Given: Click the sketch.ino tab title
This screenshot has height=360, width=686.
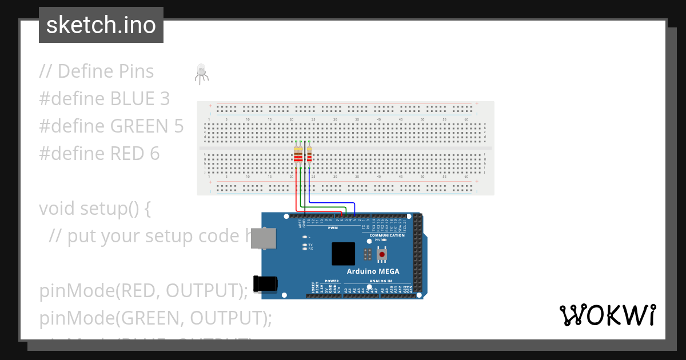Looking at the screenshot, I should click(101, 25).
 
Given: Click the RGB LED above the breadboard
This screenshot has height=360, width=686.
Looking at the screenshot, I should click(201, 72).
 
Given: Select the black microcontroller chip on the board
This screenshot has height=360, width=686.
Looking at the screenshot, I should click(343, 254).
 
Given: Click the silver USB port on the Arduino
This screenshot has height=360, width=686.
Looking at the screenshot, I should click(264, 238).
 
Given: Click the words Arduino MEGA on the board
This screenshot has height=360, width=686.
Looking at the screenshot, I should click(373, 271).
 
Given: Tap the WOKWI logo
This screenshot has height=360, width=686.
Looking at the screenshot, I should click(607, 315).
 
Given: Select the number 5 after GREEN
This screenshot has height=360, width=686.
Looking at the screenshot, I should click(178, 126).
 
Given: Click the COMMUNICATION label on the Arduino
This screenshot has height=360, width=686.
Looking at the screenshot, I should click(386, 235).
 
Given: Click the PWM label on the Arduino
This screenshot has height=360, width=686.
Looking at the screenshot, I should click(333, 228).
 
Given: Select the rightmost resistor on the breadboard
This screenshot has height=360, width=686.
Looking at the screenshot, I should click(309, 155).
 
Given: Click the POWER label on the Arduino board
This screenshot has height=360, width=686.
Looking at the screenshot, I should click(332, 281).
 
